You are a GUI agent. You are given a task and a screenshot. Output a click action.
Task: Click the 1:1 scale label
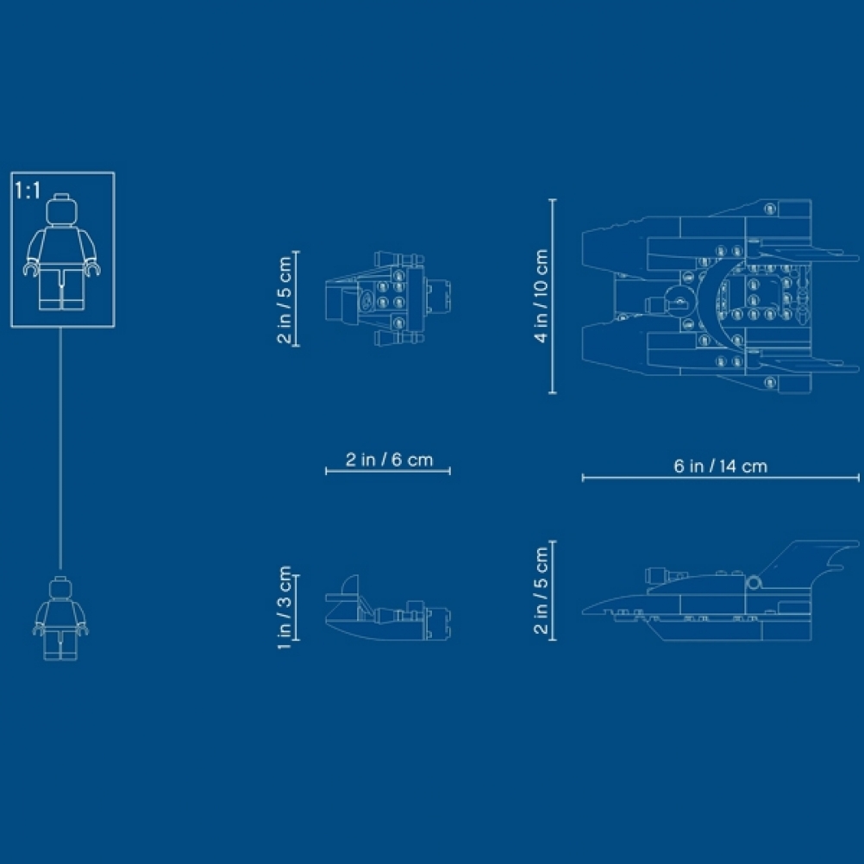tap(28, 191)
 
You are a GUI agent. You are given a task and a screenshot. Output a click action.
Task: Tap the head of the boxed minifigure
tap(62, 210)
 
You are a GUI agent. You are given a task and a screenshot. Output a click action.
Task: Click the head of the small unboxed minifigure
tap(60, 588)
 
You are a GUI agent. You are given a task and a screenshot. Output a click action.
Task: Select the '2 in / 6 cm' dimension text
tap(389, 459)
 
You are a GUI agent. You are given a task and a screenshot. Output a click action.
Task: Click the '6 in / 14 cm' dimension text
tap(720, 466)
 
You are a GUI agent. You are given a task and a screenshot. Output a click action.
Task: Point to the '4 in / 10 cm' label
tap(542, 296)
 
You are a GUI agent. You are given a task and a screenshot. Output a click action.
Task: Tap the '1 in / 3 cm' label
tap(285, 607)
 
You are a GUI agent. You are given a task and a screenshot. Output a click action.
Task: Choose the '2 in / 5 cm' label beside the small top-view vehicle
tap(285, 300)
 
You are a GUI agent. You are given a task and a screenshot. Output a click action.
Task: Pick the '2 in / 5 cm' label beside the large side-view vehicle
tap(542, 590)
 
